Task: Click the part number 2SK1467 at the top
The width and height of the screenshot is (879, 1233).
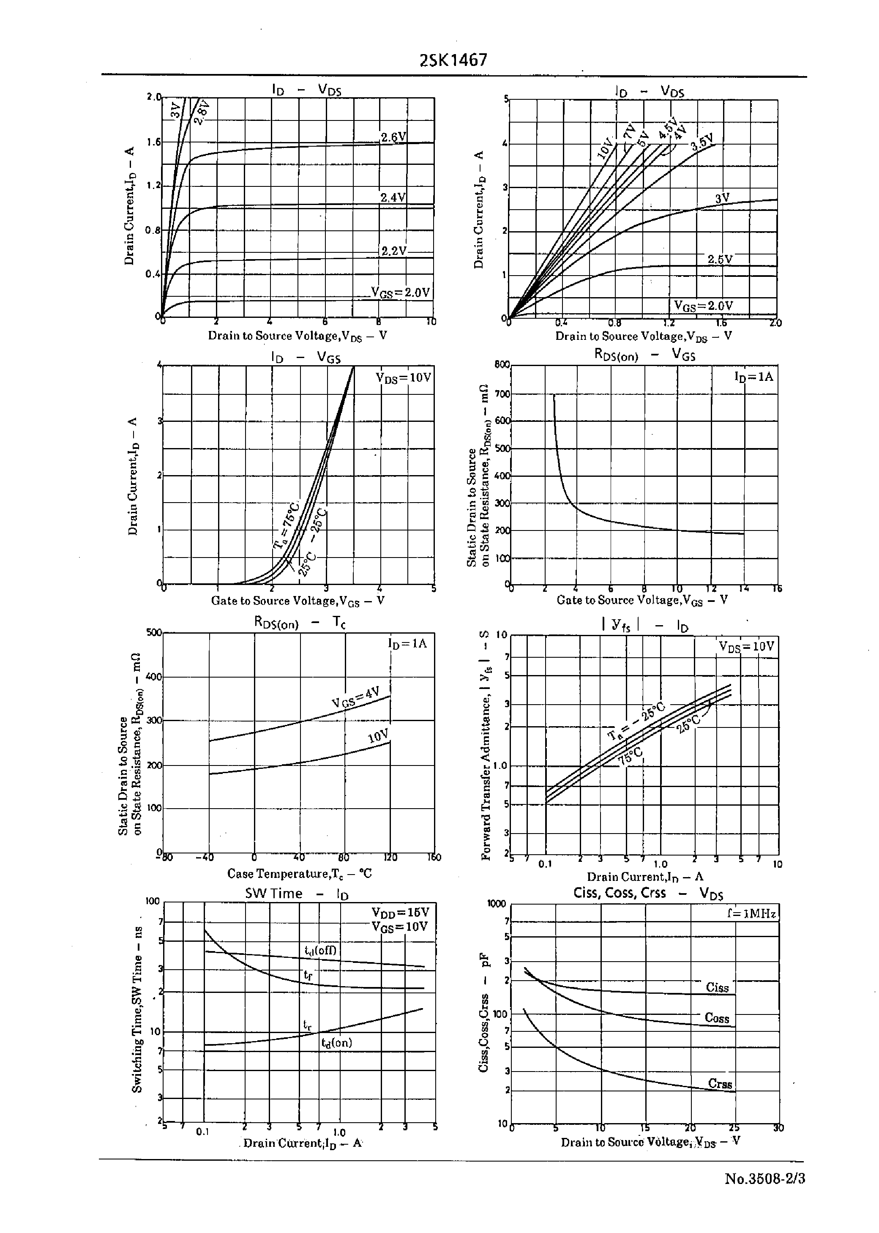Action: [x=453, y=60]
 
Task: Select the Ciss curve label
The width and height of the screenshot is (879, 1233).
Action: [x=717, y=988]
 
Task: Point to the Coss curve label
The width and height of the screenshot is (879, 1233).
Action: [x=717, y=1018]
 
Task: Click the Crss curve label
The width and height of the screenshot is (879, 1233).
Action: [x=720, y=1084]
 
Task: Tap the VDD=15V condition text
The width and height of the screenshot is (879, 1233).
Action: [x=400, y=913]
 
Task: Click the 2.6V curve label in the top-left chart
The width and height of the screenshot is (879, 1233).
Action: [x=393, y=137]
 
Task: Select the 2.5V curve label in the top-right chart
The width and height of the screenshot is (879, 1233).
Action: [x=720, y=259]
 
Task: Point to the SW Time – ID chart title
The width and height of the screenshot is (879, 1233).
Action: [x=297, y=894]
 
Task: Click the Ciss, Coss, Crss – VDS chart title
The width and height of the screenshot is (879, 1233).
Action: [x=648, y=893]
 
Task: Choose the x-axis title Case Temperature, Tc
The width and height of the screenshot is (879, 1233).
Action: [x=299, y=874]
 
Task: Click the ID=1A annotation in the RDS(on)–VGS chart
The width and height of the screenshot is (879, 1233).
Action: [x=753, y=376]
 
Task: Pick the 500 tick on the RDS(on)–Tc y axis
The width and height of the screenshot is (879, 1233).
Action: [x=154, y=632]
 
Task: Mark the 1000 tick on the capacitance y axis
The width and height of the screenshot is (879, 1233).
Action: [x=496, y=903]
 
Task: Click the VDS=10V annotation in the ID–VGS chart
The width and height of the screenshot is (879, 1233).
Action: [x=404, y=377]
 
